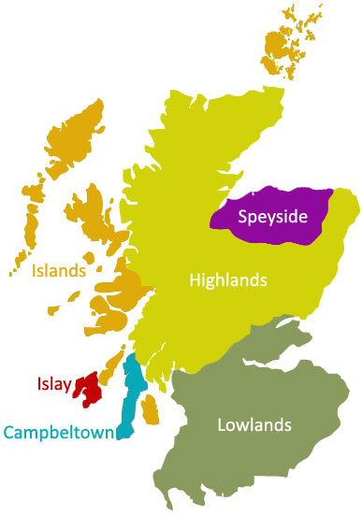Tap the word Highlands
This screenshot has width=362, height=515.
(228, 279)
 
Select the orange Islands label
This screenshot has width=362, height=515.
(59, 271)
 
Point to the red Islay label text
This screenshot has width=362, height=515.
(53, 383)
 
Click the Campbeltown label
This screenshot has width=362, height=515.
(59, 432)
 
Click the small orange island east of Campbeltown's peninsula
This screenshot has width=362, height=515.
(150, 407)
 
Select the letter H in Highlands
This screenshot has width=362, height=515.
(195, 279)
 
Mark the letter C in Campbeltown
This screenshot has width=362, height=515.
(9, 432)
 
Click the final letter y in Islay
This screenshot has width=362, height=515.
(69, 385)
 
